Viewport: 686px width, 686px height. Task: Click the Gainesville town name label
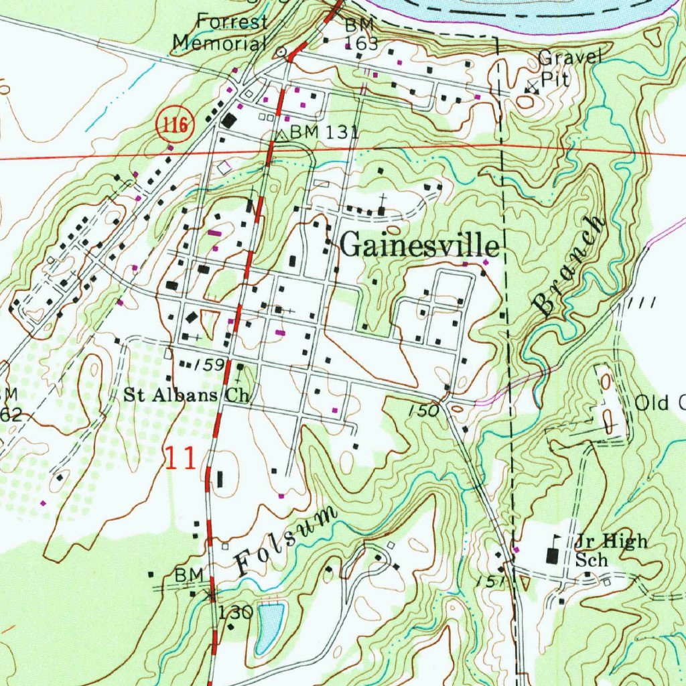pyautogui.click(x=420, y=246)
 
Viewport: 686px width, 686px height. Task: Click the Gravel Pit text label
pyautogui.click(x=569, y=68)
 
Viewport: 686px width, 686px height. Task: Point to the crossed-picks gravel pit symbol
pyautogui.click(x=531, y=86)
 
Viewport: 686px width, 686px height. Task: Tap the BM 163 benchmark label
pyautogui.click(x=362, y=35)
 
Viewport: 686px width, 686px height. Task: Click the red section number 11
pyautogui.click(x=181, y=459)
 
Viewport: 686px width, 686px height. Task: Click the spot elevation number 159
pyautogui.click(x=210, y=366)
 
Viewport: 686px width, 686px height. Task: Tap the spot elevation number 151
pyautogui.click(x=491, y=581)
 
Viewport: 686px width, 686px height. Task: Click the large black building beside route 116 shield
pyautogui.click(x=230, y=121)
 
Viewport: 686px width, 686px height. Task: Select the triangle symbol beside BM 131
pyautogui.click(x=282, y=135)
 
